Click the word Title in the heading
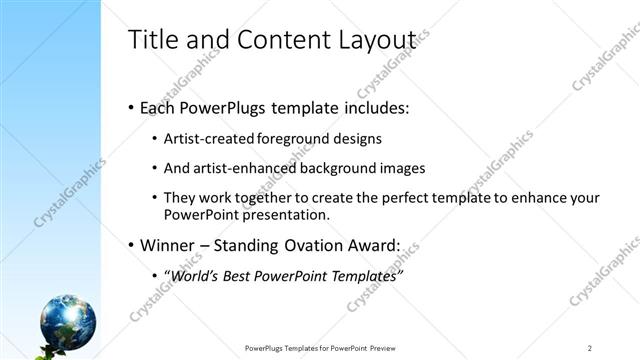pyautogui.click(x=152, y=40)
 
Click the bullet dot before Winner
pyautogui.click(x=131, y=245)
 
